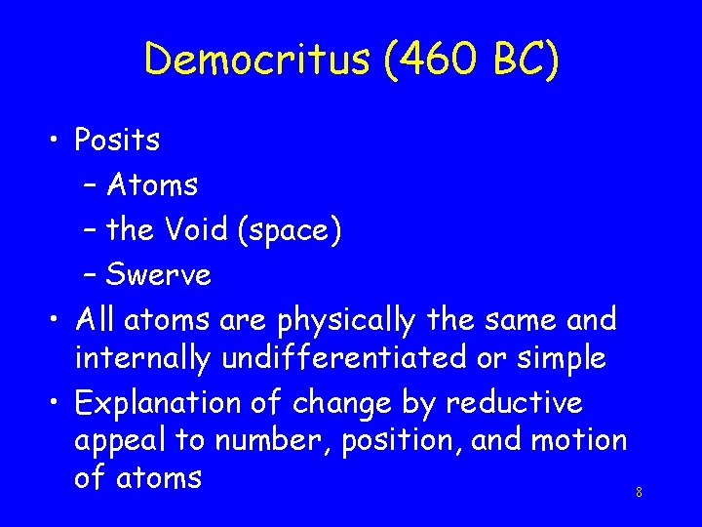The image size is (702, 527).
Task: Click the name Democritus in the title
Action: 255,60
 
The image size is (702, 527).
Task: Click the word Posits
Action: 117,141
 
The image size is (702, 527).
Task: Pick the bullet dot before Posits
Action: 58,141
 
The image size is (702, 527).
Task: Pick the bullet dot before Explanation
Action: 58,402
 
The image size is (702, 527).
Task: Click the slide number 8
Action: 639,493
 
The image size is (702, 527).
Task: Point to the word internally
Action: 143,358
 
